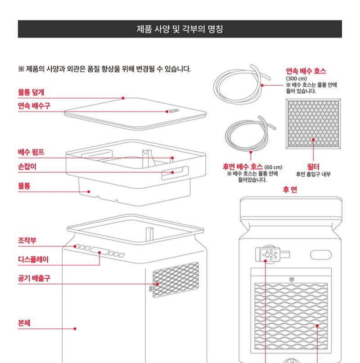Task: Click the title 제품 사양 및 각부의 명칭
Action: coord(180,29)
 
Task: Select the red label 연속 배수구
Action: coord(34,106)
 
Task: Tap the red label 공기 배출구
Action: coord(34,278)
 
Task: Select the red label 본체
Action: coord(24,323)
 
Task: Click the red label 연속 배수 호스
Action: coord(306,71)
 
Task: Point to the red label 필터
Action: coord(312,167)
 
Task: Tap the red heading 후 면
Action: coord(290,190)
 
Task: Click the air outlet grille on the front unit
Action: coord(175,280)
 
